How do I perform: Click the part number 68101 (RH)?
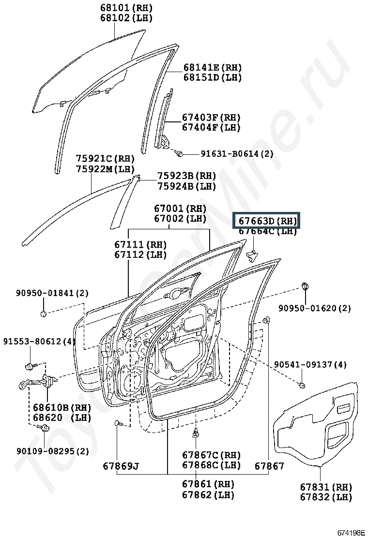click(126, 8)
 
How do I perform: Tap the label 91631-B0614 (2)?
click(237, 153)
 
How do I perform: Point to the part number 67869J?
click(121, 466)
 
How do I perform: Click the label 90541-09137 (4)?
click(310, 364)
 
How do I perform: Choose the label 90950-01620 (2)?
click(314, 308)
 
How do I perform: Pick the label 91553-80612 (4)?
click(39, 342)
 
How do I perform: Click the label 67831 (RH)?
click(326, 487)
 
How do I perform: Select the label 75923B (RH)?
click(187, 176)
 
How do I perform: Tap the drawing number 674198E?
click(351, 533)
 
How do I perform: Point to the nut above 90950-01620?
click(304, 286)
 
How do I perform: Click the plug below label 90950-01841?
click(43, 314)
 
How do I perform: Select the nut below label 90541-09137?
click(302, 385)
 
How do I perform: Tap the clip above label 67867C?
click(196, 433)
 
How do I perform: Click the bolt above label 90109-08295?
click(45, 428)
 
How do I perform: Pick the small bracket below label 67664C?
click(252, 254)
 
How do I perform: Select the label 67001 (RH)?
click(180, 208)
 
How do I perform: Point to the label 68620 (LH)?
click(62, 418)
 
